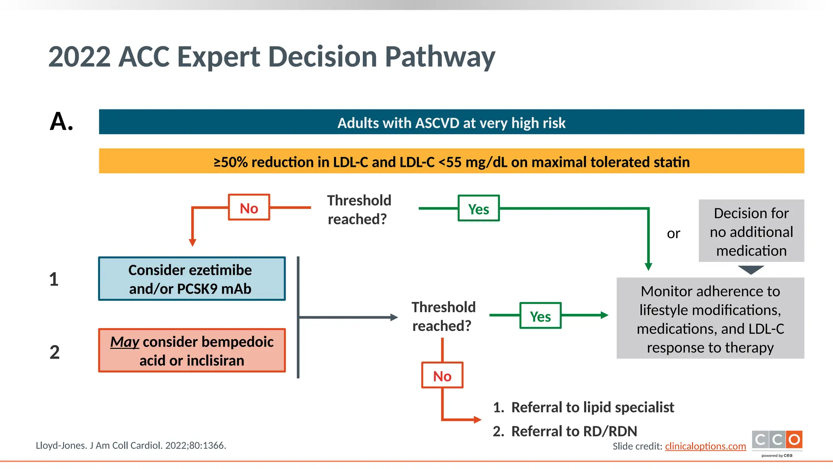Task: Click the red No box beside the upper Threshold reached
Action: pos(249,208)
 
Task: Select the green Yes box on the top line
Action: pos(478,208)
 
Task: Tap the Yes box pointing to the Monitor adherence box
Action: pos(540,316)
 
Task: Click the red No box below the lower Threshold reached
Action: pos(442,375)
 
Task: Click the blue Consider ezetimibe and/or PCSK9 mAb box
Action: pos(192,279)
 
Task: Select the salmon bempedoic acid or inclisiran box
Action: pos(192,351)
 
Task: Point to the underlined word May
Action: pos(124,342)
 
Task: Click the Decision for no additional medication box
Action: pos(751,231)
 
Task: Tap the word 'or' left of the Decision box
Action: pos(673,234)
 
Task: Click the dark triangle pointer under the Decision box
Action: pos(751,270)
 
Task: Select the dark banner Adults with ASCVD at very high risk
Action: pos(451,122)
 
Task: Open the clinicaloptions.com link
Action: pos(705,446)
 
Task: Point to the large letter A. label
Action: pos(61,121)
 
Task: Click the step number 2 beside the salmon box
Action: pos(55,352)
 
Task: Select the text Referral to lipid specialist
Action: pos(592,407)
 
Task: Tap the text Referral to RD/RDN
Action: pos(574,431)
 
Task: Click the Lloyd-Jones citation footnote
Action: pos(131,445)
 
